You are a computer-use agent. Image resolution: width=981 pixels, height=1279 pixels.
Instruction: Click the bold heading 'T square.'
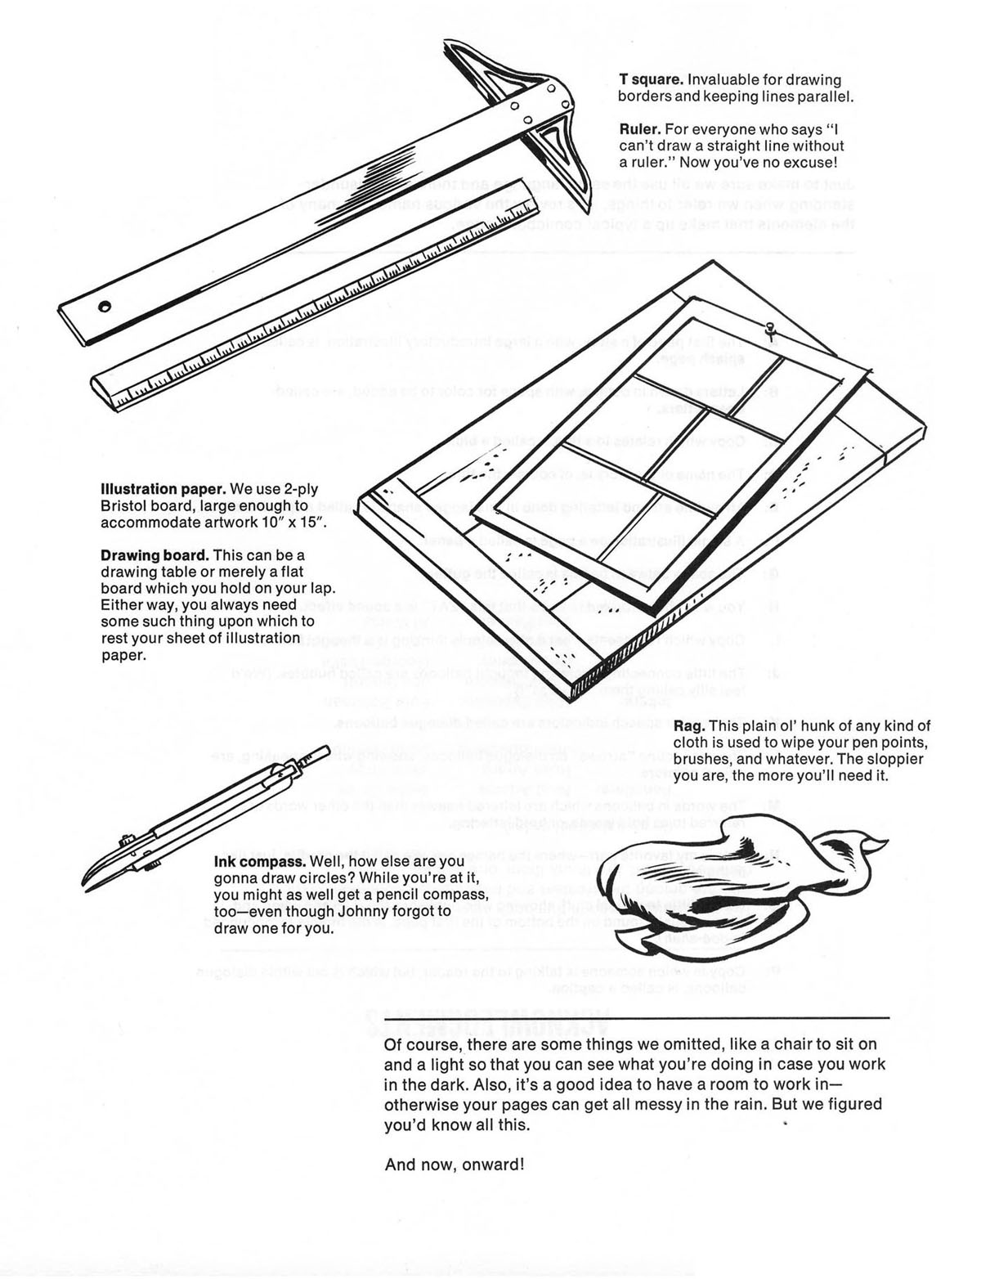651,79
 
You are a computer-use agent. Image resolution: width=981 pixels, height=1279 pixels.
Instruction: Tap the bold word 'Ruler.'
640,128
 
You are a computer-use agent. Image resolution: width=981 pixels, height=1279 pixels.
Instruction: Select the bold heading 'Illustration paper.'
163,489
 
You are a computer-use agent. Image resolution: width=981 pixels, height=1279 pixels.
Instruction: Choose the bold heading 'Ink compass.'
260,862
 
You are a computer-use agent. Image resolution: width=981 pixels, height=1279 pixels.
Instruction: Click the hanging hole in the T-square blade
104,307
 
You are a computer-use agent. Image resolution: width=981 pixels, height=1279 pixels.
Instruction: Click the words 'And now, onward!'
454,1165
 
